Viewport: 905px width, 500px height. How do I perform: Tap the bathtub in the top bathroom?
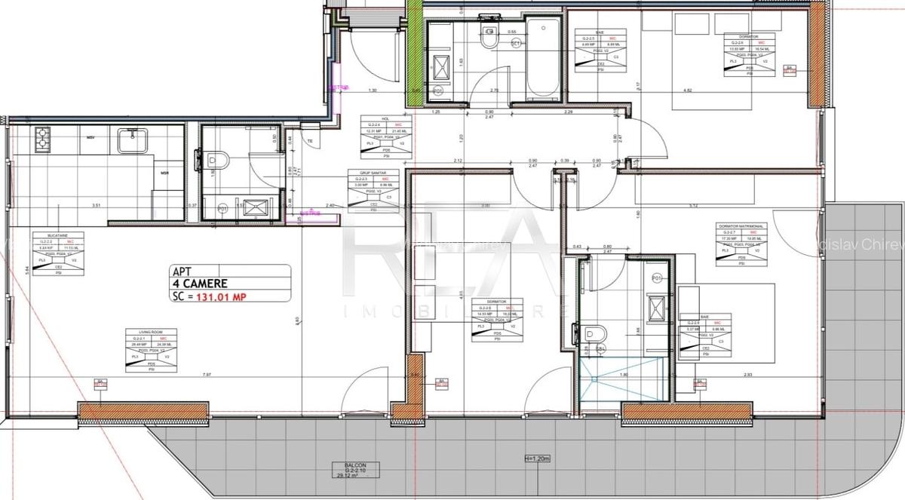click(x=541, y=58)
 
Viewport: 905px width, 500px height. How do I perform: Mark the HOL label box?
click(x=384, y=138)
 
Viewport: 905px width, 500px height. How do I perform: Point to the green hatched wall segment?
click(x=414, y=49)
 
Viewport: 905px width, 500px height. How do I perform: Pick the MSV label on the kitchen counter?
click(x=90, y=138)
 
